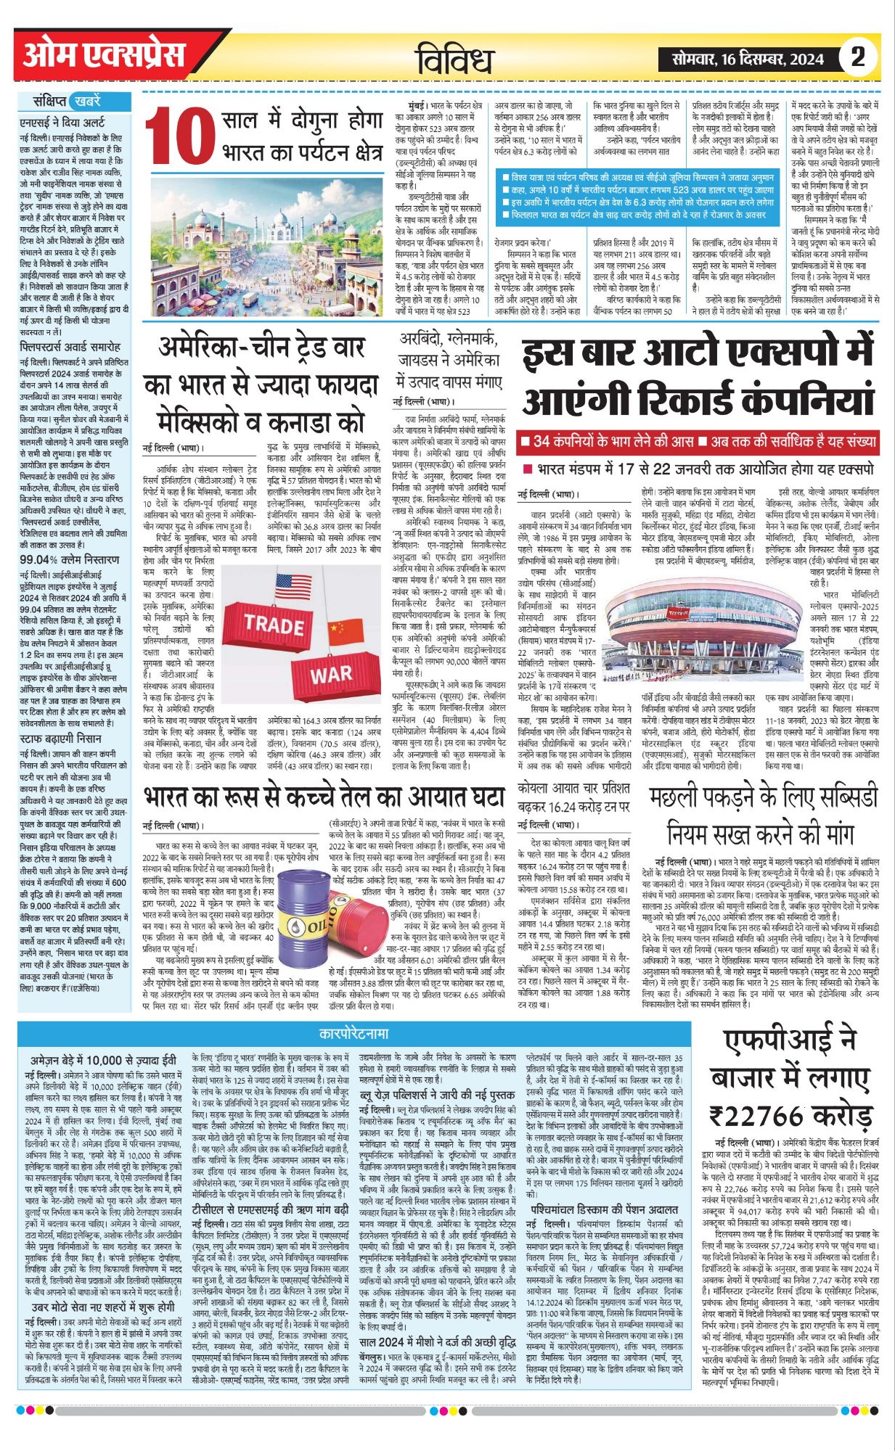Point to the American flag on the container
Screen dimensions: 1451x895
[x=293, y=585]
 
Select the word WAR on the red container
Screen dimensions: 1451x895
[x=331, y=674]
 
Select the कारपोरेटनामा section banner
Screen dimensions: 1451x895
[x=353, y=1032]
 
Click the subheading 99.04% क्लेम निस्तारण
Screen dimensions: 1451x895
[x=69, y=560]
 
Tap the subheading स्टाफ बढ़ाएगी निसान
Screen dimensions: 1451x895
[x=60, y=718]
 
